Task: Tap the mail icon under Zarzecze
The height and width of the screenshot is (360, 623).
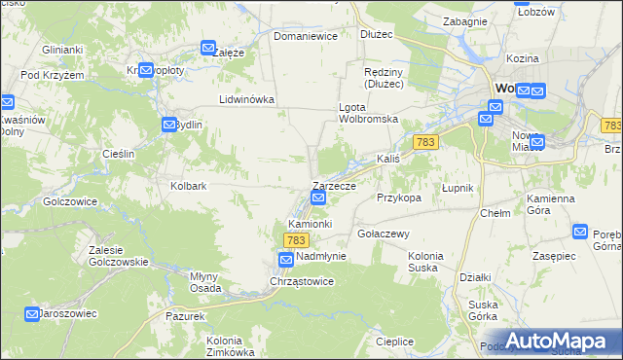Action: pos(318,199)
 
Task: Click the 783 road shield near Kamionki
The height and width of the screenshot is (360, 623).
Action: pos(297,239)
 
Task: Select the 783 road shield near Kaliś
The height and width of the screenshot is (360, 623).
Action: pos(423,142)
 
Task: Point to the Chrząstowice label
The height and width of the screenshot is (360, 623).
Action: pos(302,281)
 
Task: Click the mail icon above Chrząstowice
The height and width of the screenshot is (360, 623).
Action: pos(285,260)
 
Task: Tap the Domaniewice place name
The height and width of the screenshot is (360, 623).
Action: pos(305,36)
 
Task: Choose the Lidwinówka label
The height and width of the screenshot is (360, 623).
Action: pos(247,99)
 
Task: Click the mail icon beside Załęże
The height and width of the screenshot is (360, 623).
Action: pos(208,48)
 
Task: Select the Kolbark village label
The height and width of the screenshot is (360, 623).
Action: pos(189,185)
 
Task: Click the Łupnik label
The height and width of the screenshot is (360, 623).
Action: pos(456,187)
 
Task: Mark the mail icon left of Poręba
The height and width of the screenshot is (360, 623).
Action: pos(580,232)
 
